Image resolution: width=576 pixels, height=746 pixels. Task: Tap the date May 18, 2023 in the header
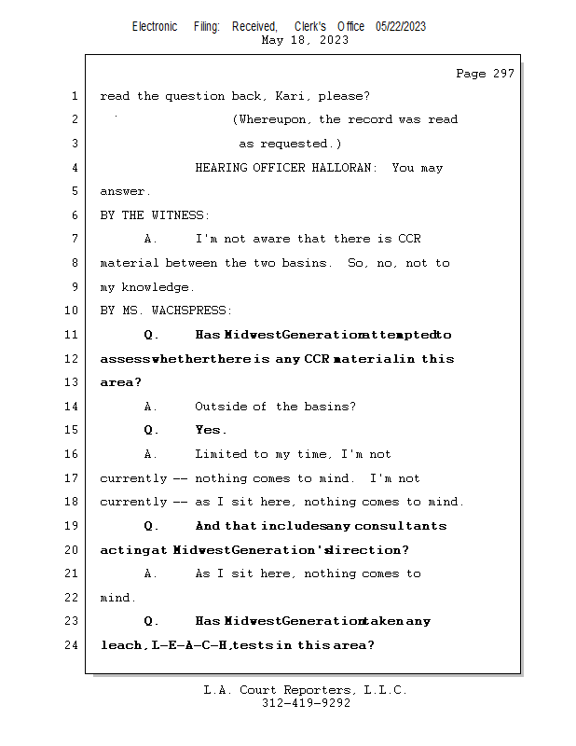click(306, 40)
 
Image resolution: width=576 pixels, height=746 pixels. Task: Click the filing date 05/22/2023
click(401, 27)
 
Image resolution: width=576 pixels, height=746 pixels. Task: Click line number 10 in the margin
click(73, 311)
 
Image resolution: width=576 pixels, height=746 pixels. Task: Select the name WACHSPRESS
click(194, 311)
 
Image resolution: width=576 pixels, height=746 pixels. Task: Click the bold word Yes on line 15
click(210, 430)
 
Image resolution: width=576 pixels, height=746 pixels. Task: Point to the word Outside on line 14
click(221, 407)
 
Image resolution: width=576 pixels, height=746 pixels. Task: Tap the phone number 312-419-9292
click(306, 704)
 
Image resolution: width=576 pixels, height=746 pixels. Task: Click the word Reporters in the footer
click(312, 691)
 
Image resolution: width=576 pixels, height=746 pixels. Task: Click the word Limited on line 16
click(221, 454)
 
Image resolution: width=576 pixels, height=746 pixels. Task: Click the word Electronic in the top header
click(155, 27)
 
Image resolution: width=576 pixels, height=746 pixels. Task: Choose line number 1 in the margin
click(75, 96)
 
